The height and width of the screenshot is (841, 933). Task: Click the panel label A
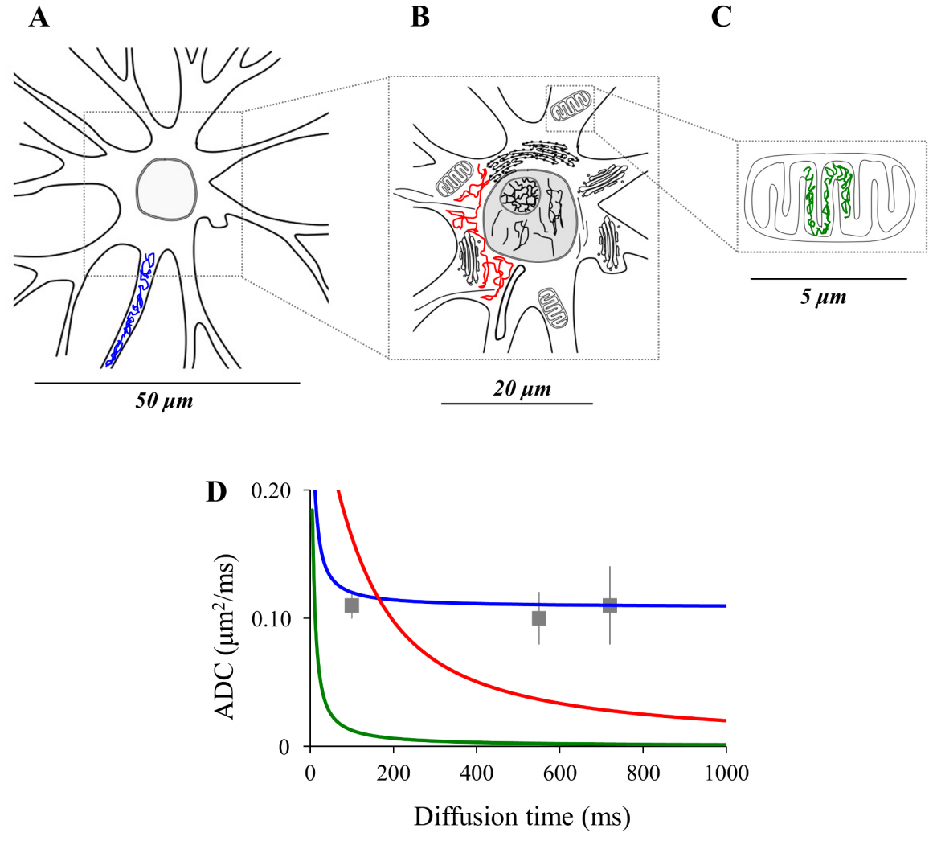(39, 17)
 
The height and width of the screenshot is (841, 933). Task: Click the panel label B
(419, 17)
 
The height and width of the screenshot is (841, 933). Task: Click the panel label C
(721, 17)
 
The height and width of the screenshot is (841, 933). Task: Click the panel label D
(217, 492)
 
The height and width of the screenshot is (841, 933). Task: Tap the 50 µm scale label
(165, 400)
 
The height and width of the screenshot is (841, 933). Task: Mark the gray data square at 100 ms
(351, 605)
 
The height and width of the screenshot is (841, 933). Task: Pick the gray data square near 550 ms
(538, 618)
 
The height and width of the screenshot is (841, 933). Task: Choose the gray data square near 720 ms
(610, 605)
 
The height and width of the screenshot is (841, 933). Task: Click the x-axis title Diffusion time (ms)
(522, 817)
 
